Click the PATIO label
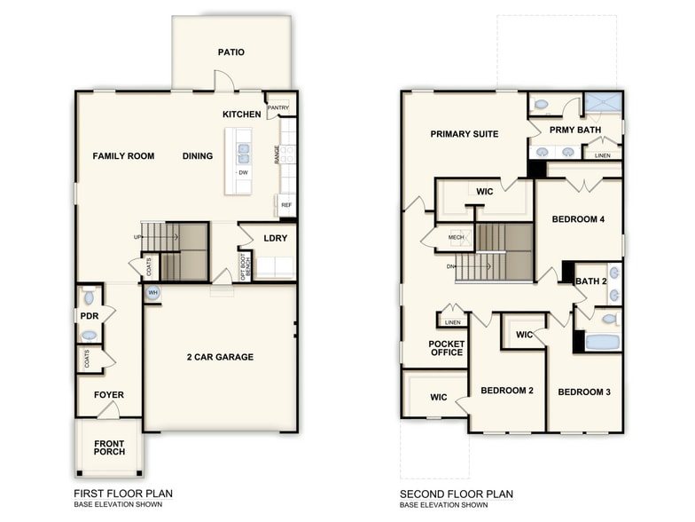click(x=230, y=52)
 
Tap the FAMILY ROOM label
click(x=123, y=156)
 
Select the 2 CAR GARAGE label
click(x=220, y=357)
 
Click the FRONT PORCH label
click(x=109, y=447)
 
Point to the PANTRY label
click(x=279, y=107)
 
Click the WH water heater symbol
click(x=152, y=293)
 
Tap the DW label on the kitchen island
click(x=242, y=172)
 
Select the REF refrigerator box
click(x=286, y=205)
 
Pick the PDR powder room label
click(x=89, y=316)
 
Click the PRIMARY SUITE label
click(x=464, y=134)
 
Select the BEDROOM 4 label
click(x=578, y=219)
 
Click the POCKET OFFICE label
click(x=446, y=348)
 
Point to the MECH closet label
click(x=456, y=238)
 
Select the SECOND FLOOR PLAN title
click(x=456, y=494)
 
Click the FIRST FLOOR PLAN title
click(x=123, y=494)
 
